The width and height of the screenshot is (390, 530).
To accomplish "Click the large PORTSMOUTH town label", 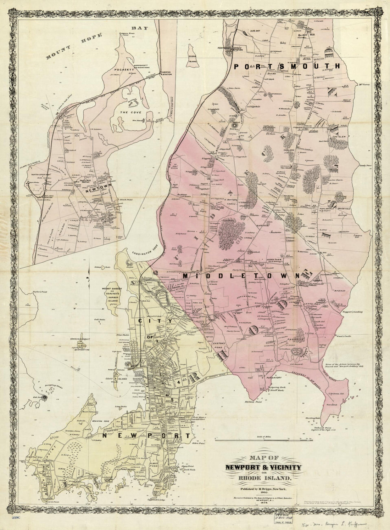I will (286, 66).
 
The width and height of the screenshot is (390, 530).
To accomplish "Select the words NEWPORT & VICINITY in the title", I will (263, 468).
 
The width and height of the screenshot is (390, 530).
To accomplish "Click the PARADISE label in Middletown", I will (296, 339).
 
